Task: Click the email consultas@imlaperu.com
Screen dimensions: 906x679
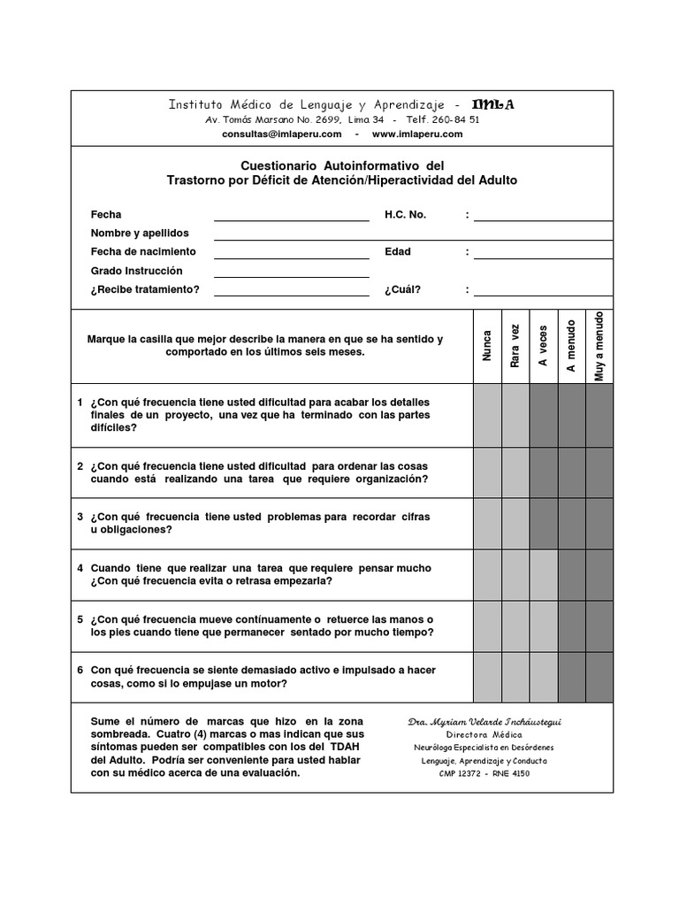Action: coord(281,134)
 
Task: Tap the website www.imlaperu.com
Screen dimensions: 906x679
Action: coord(417,134)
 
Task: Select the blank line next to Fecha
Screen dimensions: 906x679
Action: coord(291,215)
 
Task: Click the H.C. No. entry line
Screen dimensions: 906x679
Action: coord(543,215)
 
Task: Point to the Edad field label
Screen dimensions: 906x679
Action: coord(398,252)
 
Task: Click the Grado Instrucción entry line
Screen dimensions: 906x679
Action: coord(291,272)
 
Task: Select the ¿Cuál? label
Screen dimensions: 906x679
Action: coord(402,289)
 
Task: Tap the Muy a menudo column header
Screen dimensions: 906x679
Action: coord(599,346)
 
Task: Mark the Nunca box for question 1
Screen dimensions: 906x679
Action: coord(487,415)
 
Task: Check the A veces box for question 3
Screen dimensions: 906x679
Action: coord(543,524)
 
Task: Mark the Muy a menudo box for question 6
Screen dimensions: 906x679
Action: coord(599,677)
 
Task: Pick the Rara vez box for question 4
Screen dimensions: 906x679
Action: coord(515,574)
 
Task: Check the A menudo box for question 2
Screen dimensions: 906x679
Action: coord(571,472)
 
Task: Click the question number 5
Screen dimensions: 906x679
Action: coord(80,619)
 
